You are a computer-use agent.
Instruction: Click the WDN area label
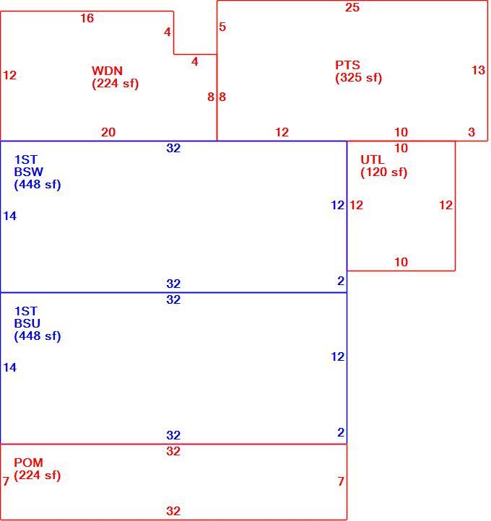click(x=107, y=71)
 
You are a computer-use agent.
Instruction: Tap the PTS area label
click(x=347, y=65)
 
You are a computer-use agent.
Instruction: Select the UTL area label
click(x=373, y=159)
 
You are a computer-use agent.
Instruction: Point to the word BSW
click(x=29, y=172)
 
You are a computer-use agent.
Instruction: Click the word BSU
click(x=27, y=323)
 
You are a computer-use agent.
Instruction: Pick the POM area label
click(x=29, y=463)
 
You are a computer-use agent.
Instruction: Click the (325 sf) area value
click(x=358, y=78)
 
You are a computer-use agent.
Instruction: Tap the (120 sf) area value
click(x=384, y=172)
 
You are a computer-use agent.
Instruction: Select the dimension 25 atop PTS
click(x=352, y=7)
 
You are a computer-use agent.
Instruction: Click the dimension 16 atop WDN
click(x=87, y=18)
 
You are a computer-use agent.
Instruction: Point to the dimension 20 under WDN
click(x=108, y=132)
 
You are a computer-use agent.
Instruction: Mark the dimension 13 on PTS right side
click(x=479, y=70)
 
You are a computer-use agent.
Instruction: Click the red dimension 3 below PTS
click(x=472, y=132)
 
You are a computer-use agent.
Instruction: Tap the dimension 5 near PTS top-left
click(x=222, y=27)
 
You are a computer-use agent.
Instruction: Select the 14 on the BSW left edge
click(x=9, y=216)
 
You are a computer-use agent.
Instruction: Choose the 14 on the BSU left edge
click(x=9, y=368)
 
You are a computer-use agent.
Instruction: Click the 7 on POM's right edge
click(x=341, y=481)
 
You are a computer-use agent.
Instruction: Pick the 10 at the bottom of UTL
click(x=401, y=262)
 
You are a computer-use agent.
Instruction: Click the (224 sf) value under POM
click(x=38, y=475)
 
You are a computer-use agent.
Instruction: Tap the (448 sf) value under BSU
click(x=38, y=336)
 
